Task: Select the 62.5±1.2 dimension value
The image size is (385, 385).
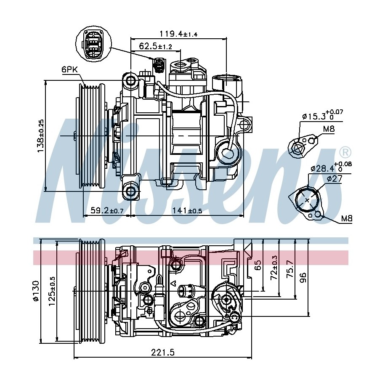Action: (x=155, y=46)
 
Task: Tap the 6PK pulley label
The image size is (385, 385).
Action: (x=69, y=70)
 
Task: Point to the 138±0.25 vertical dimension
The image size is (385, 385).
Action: (x=40, y=136)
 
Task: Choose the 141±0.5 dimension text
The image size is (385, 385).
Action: (x=187, y=210)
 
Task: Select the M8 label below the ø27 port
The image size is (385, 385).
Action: (x=346, y=218)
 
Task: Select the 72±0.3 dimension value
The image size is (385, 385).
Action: (x=274, y=268)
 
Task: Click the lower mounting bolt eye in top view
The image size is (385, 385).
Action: (x=131, y=191)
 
